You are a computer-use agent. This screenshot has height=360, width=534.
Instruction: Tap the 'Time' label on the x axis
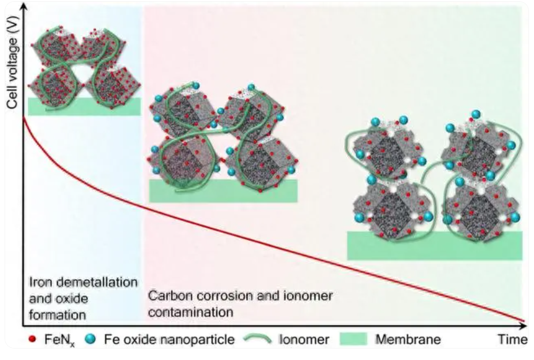pyautogui.click(x=511, y=340)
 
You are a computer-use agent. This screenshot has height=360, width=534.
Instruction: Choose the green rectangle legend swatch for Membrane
pyautogui.click(x=353, y=340)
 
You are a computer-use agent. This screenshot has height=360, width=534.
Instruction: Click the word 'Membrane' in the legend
pyautogui.click(x=408, y=340)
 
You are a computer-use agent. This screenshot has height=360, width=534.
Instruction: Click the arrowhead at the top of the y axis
pyautogui.click(x=24, y=6)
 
